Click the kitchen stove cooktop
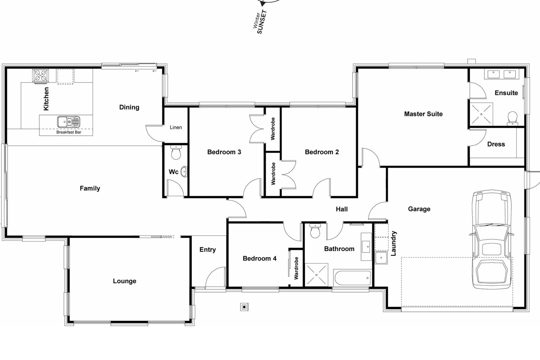pos(41,76)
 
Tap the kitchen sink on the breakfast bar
pos(69,122)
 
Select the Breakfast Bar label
pos(69,133)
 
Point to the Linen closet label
pos(176,127)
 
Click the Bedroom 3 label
pos(224,152)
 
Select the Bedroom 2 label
pos(322,152)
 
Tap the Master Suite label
pos(423,114)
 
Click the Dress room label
pos(496,144)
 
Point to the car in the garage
pos(492,239)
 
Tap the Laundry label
pos(393,243)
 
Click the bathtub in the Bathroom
pos(352,278)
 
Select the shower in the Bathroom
pos(316,275)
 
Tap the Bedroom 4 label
pos(259,258)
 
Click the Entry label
pos(207,250)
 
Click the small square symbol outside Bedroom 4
pos(244,307)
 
